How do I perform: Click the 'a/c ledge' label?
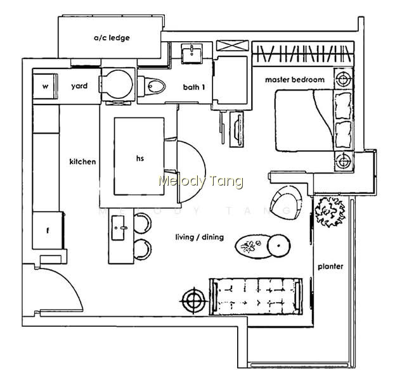[x=112, y=38]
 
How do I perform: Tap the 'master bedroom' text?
[x=295, y=80]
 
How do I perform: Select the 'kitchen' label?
[x=82, y=161]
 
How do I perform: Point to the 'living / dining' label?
[x=200, y=237]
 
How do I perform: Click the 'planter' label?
[x=330, y=267]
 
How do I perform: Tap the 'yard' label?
[x=79, y=86]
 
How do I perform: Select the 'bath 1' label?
[x=194, y=87]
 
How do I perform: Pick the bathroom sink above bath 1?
[x=191, y=53]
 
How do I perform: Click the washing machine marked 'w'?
[x=45, y=86]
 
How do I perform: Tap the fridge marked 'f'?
[x=48, y=231]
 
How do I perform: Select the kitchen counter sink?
[x=119, y=227]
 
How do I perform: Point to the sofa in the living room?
[x=256, y=296]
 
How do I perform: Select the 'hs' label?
[x=140, y=158]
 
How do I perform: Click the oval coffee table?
[x=253, y=246]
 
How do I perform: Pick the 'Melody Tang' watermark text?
[x=201, y=181]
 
